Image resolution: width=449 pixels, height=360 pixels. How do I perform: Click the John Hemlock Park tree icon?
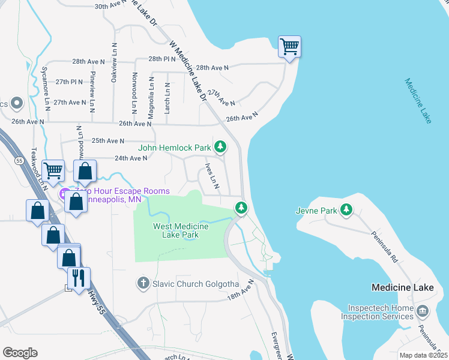tap(221, 147)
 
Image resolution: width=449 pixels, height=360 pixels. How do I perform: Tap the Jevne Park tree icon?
tap(346, 210)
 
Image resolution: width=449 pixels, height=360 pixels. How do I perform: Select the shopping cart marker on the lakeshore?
tap(289, 46)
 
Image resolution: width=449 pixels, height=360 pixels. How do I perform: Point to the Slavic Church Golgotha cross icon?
tap(143, 283)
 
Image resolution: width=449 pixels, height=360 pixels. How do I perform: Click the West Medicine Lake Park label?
tap(181, 230)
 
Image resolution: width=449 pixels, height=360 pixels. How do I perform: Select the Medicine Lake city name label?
tap(402, 287)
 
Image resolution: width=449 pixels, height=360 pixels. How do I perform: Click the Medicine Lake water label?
tap(418, 100)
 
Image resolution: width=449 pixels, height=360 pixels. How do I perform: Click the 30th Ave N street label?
tap(112, 6)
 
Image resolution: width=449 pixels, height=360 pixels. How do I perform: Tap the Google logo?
tap(19, 353)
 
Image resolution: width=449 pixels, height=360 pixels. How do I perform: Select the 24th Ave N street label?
tap(131, 158)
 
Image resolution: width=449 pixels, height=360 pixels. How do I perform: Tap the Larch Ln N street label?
tap(167, 99)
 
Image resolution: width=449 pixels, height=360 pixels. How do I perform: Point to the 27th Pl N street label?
tap(68, 82)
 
